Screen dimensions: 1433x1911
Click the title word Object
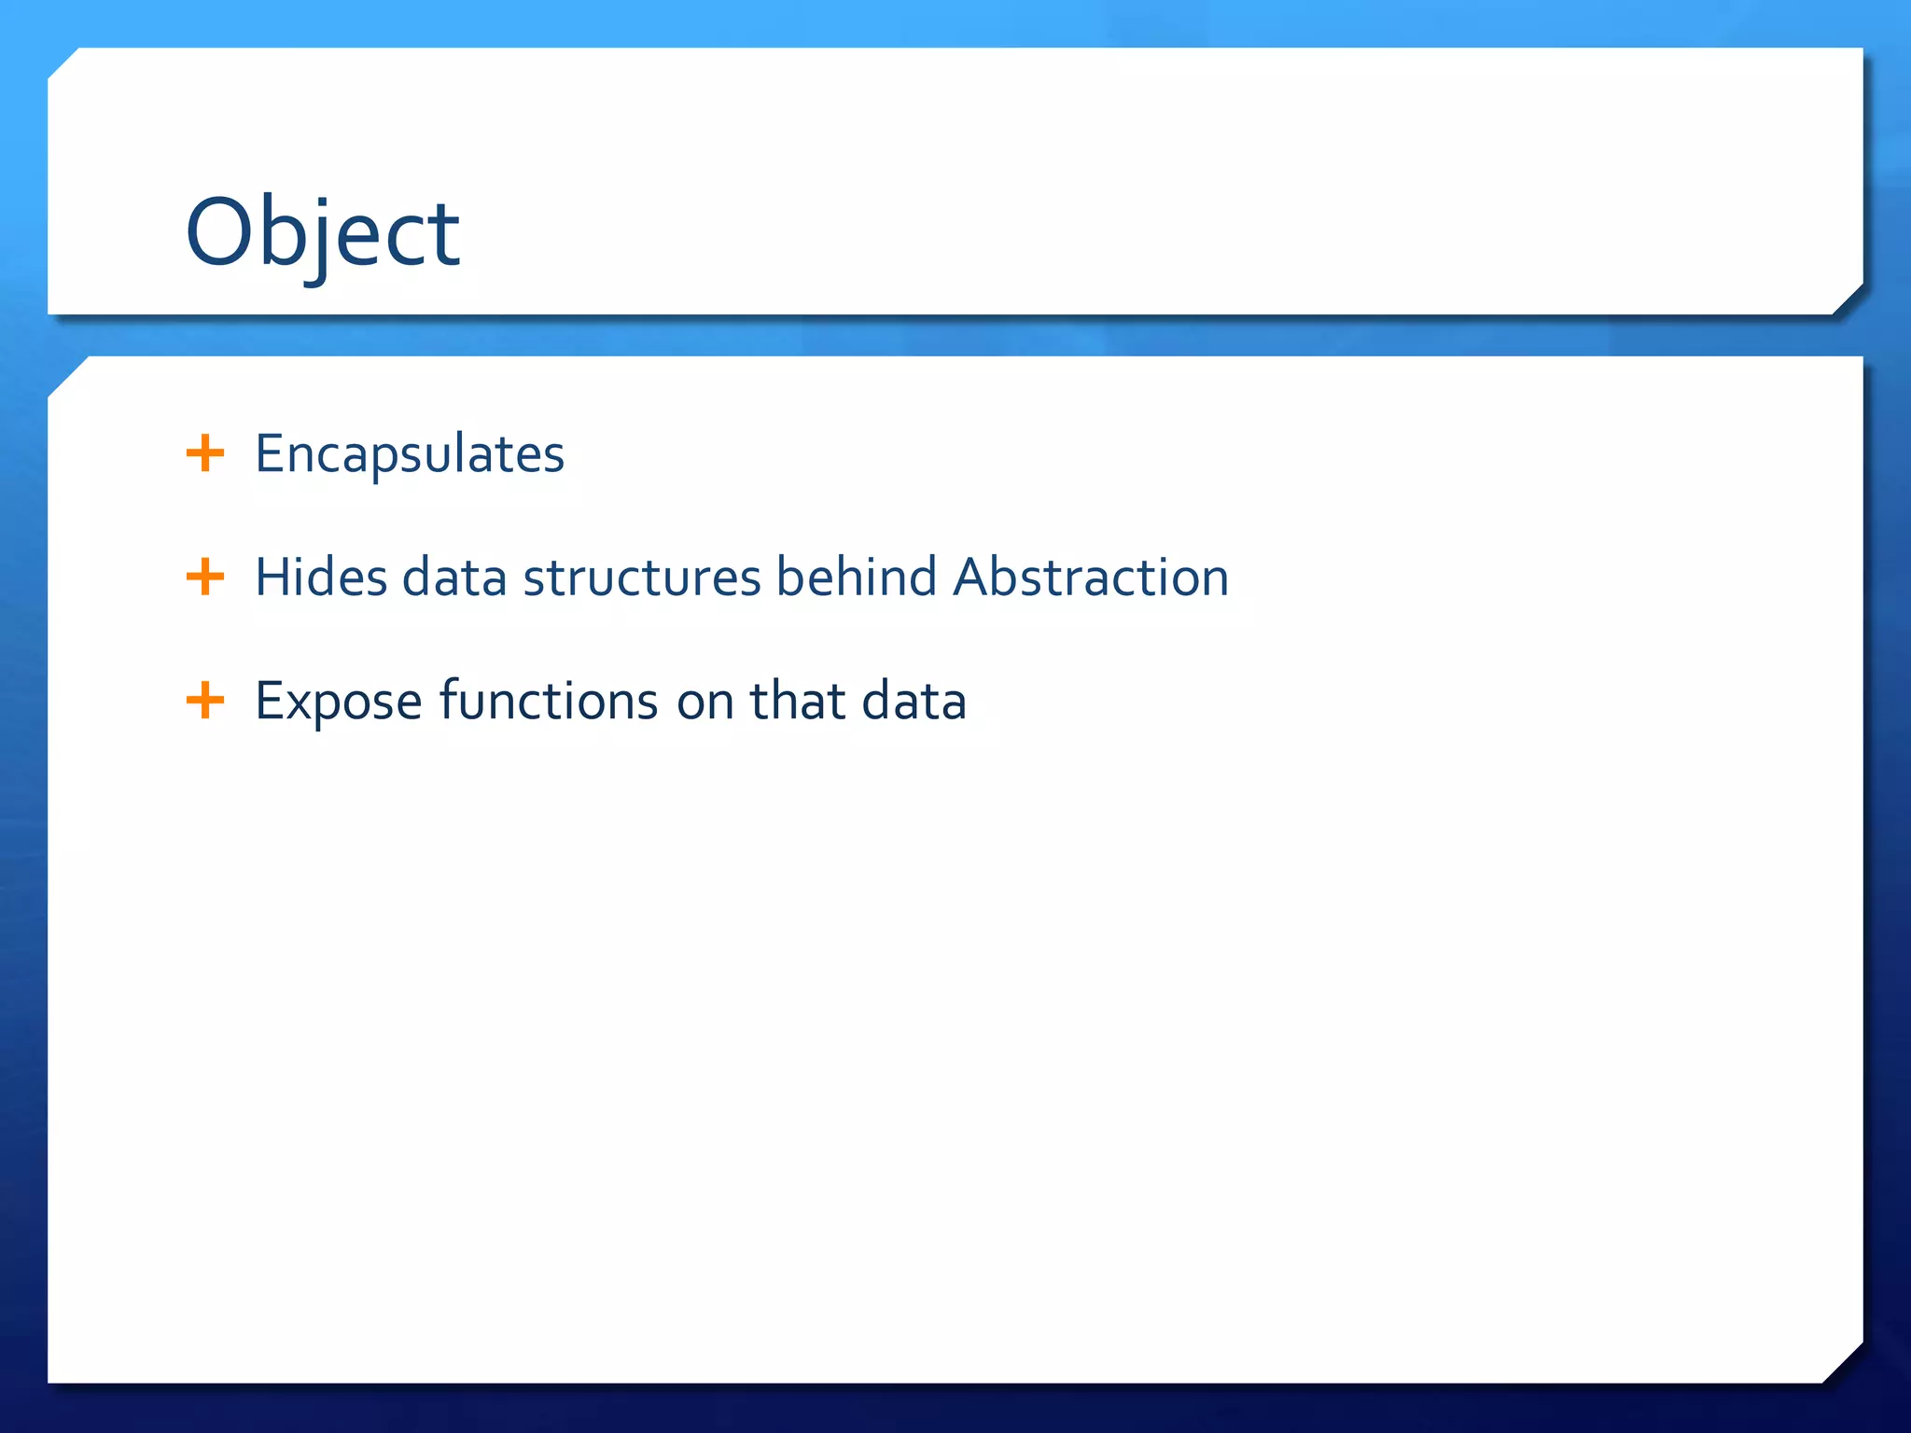[322, 233]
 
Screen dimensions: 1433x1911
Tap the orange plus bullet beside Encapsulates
[205, 454]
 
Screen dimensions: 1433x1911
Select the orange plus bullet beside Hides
[205, 577]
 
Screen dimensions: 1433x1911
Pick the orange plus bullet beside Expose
[205, 701]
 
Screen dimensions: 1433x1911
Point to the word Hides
[320, 577]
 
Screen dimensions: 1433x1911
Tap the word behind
[856, 577]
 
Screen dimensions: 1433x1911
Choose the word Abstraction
[1091, 577]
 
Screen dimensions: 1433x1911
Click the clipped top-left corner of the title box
[63, 63]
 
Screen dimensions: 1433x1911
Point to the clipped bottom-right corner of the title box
[1848, 299]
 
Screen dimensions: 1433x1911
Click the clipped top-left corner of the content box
[66, 375]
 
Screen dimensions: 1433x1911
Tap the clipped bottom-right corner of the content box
[1843, 1363]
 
